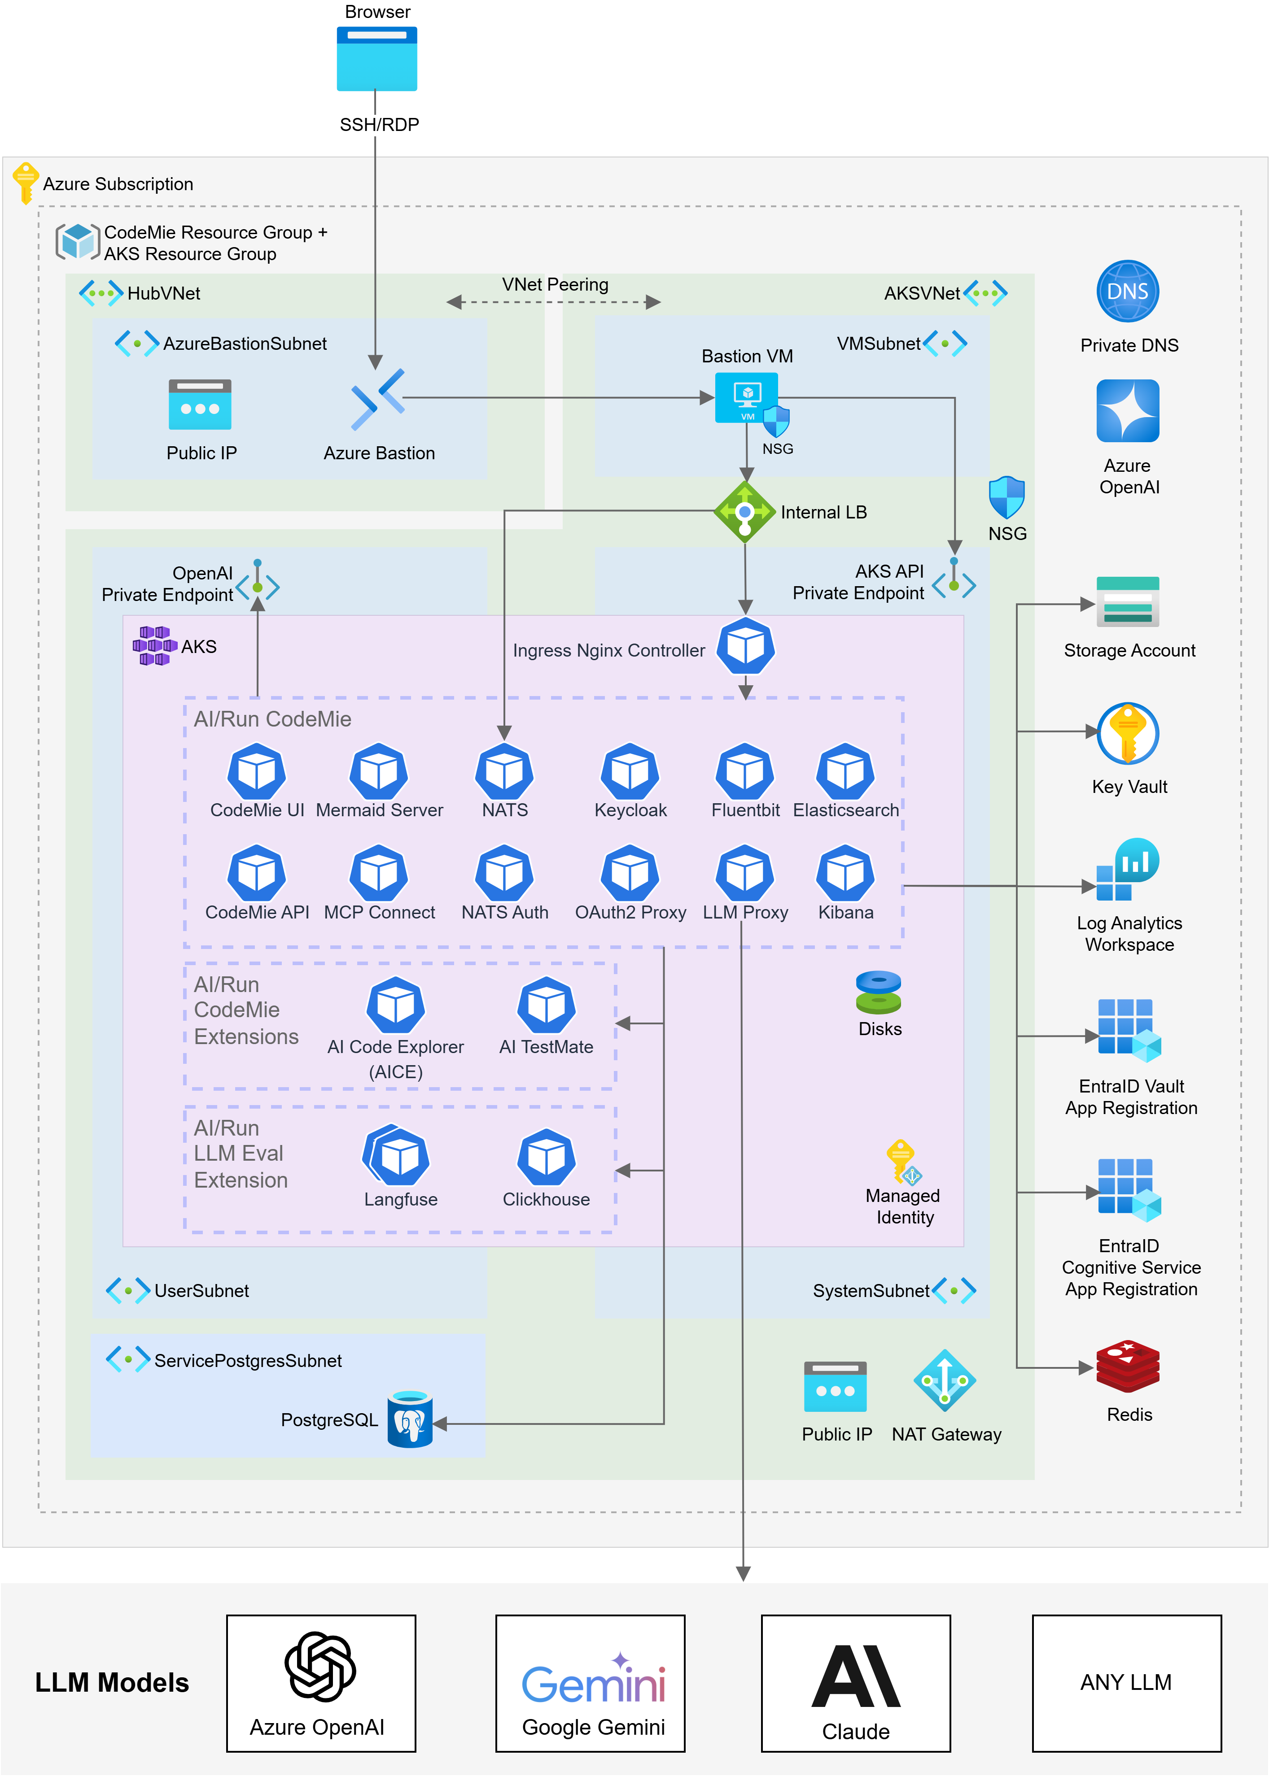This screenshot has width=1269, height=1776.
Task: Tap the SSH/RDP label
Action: (379, 125)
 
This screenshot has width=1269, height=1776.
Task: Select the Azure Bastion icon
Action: (377, 399)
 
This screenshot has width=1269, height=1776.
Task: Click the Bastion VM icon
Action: (746, 397)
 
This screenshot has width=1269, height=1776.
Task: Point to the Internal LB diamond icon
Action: (745, 512)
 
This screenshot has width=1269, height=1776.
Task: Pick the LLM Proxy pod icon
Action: (745, 873)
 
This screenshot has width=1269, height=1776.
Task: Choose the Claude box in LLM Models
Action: (856, 1683)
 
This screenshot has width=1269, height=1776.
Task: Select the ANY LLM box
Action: (1126, 1683)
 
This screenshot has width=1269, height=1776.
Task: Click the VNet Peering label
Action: (555, 284)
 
